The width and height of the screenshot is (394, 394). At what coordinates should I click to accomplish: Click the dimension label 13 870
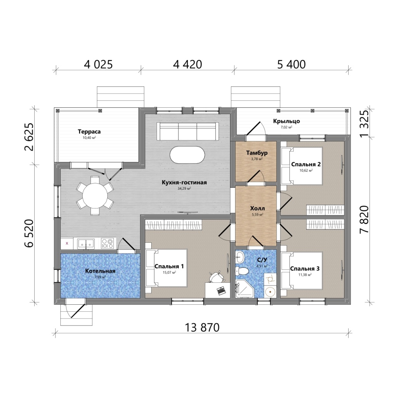[x=202, y=327]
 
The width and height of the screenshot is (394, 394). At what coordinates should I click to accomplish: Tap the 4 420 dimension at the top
[x=187, y=65]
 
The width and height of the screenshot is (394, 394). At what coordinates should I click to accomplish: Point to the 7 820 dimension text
[x=364, y=219]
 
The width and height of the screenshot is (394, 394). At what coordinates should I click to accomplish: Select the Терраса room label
[x=89, y=132]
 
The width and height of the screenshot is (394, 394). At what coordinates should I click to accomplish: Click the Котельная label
[x=100, y=271]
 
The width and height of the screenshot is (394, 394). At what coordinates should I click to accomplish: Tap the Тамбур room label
[x=257, y=153]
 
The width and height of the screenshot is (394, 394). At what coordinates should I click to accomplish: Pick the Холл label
[x=257, y=208]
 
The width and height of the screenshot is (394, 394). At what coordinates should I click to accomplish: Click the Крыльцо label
[x=286, y=121]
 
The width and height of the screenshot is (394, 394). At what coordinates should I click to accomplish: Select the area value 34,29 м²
[x=184, y=189]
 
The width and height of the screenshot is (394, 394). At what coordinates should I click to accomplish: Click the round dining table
[x=95, y=196]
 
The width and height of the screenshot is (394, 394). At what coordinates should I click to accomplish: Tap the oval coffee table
[x=187, y=155]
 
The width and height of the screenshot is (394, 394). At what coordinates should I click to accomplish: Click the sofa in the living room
[x=187, y=131]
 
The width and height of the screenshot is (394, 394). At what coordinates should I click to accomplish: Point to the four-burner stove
[x=108, y=243]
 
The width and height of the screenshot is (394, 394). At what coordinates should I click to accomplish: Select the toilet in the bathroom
[x=242, y=271]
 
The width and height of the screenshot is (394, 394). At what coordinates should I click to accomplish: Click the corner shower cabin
[x=245, y=289]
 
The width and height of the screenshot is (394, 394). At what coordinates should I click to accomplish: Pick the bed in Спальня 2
[x=301, y=166]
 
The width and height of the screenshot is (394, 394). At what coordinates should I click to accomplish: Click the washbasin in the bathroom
[x=240, y=257]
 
